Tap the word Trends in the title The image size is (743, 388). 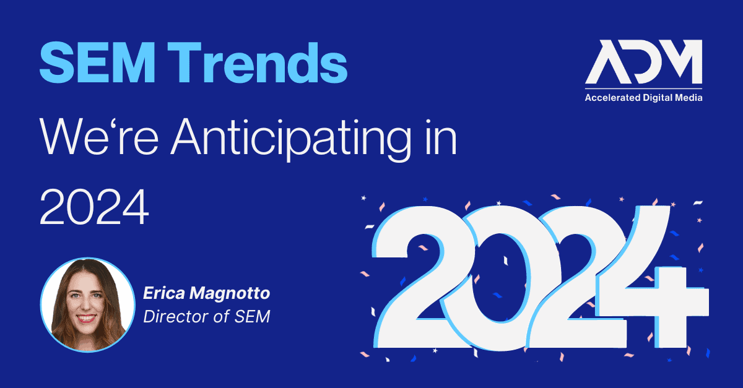click(x=258, y=63)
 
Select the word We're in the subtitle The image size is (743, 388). click(x=99, y=136)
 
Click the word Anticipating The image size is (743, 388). click(x=291, y=139)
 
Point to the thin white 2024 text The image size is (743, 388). click(x=94, y=207)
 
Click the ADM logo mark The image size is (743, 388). click(x=643, y=62)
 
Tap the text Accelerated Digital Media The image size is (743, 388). click(x=643, y=98)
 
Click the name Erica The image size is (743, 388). click(x=164, y=293)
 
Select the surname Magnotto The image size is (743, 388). click(x=230, y=294)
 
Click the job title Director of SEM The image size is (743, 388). click(x=207, y=316)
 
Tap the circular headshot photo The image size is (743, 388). click(x=87, y=304)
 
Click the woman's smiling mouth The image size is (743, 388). click(x=86, y=318)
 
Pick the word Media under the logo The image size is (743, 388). click(x=690, y=98)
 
